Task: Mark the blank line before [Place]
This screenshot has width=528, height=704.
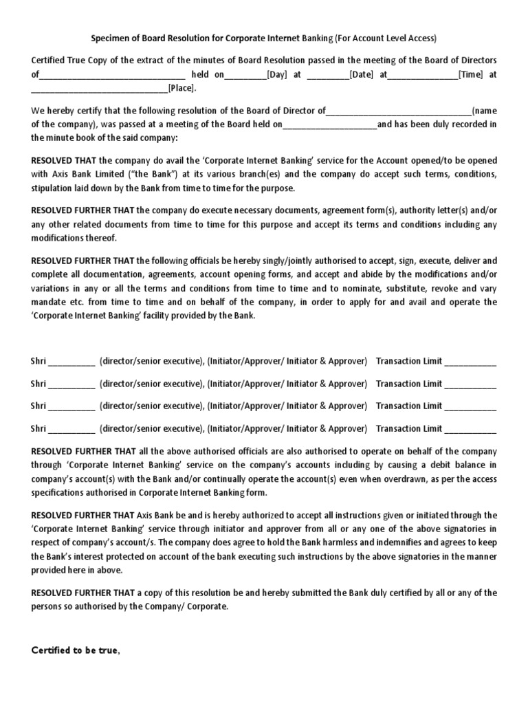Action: (100, 88)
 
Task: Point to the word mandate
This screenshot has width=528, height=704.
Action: (49, 302)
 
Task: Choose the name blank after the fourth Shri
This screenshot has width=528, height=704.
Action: (71, 429)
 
